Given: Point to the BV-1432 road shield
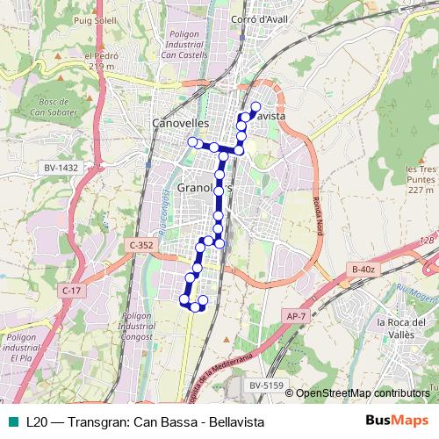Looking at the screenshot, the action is coord(61,167).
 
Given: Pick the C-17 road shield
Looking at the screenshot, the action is coord(72,290).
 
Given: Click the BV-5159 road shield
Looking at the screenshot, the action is coord(264,384).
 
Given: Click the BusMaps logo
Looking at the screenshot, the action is coord(399,422).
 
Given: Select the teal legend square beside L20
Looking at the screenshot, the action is coord(14,422).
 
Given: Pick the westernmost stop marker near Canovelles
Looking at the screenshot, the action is coord(191,141).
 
